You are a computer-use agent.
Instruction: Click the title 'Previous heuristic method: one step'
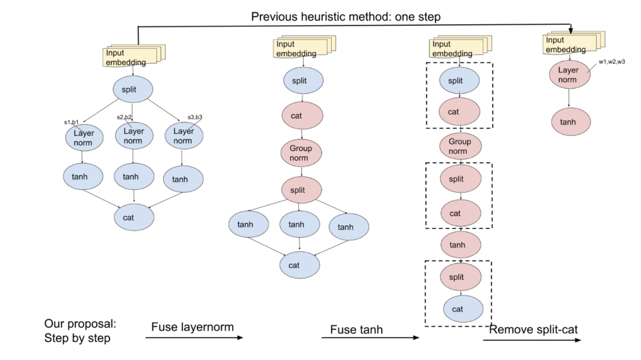(345, 17)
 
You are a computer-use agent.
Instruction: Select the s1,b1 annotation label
(71, 122)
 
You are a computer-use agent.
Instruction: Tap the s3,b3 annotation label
(195, 117)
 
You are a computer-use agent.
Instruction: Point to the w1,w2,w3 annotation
(611, 62)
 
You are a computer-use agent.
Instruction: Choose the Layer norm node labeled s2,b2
(134, 136)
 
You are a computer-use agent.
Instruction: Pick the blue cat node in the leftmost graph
(134, 217)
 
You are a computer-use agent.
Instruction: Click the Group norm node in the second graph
(301, 153)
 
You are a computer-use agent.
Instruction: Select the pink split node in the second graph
(301, 190)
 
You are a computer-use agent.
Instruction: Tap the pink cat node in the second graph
(302, 116)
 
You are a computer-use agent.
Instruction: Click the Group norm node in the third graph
(460, 146)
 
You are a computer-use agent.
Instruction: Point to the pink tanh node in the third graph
(460, 245)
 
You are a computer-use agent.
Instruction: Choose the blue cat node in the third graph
(463, 309)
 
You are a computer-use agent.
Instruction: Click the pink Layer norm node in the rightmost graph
(569, 74)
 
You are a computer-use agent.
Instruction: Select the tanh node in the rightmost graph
(571, 122)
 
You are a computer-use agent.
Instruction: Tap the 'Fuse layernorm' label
(192, 327)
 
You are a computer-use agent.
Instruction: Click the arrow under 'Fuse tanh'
(370, 337)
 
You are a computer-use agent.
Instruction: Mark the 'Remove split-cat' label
(533, 330)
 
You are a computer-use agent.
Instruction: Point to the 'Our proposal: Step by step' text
(80, 331)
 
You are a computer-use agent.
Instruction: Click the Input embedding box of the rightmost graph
(569, 44)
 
